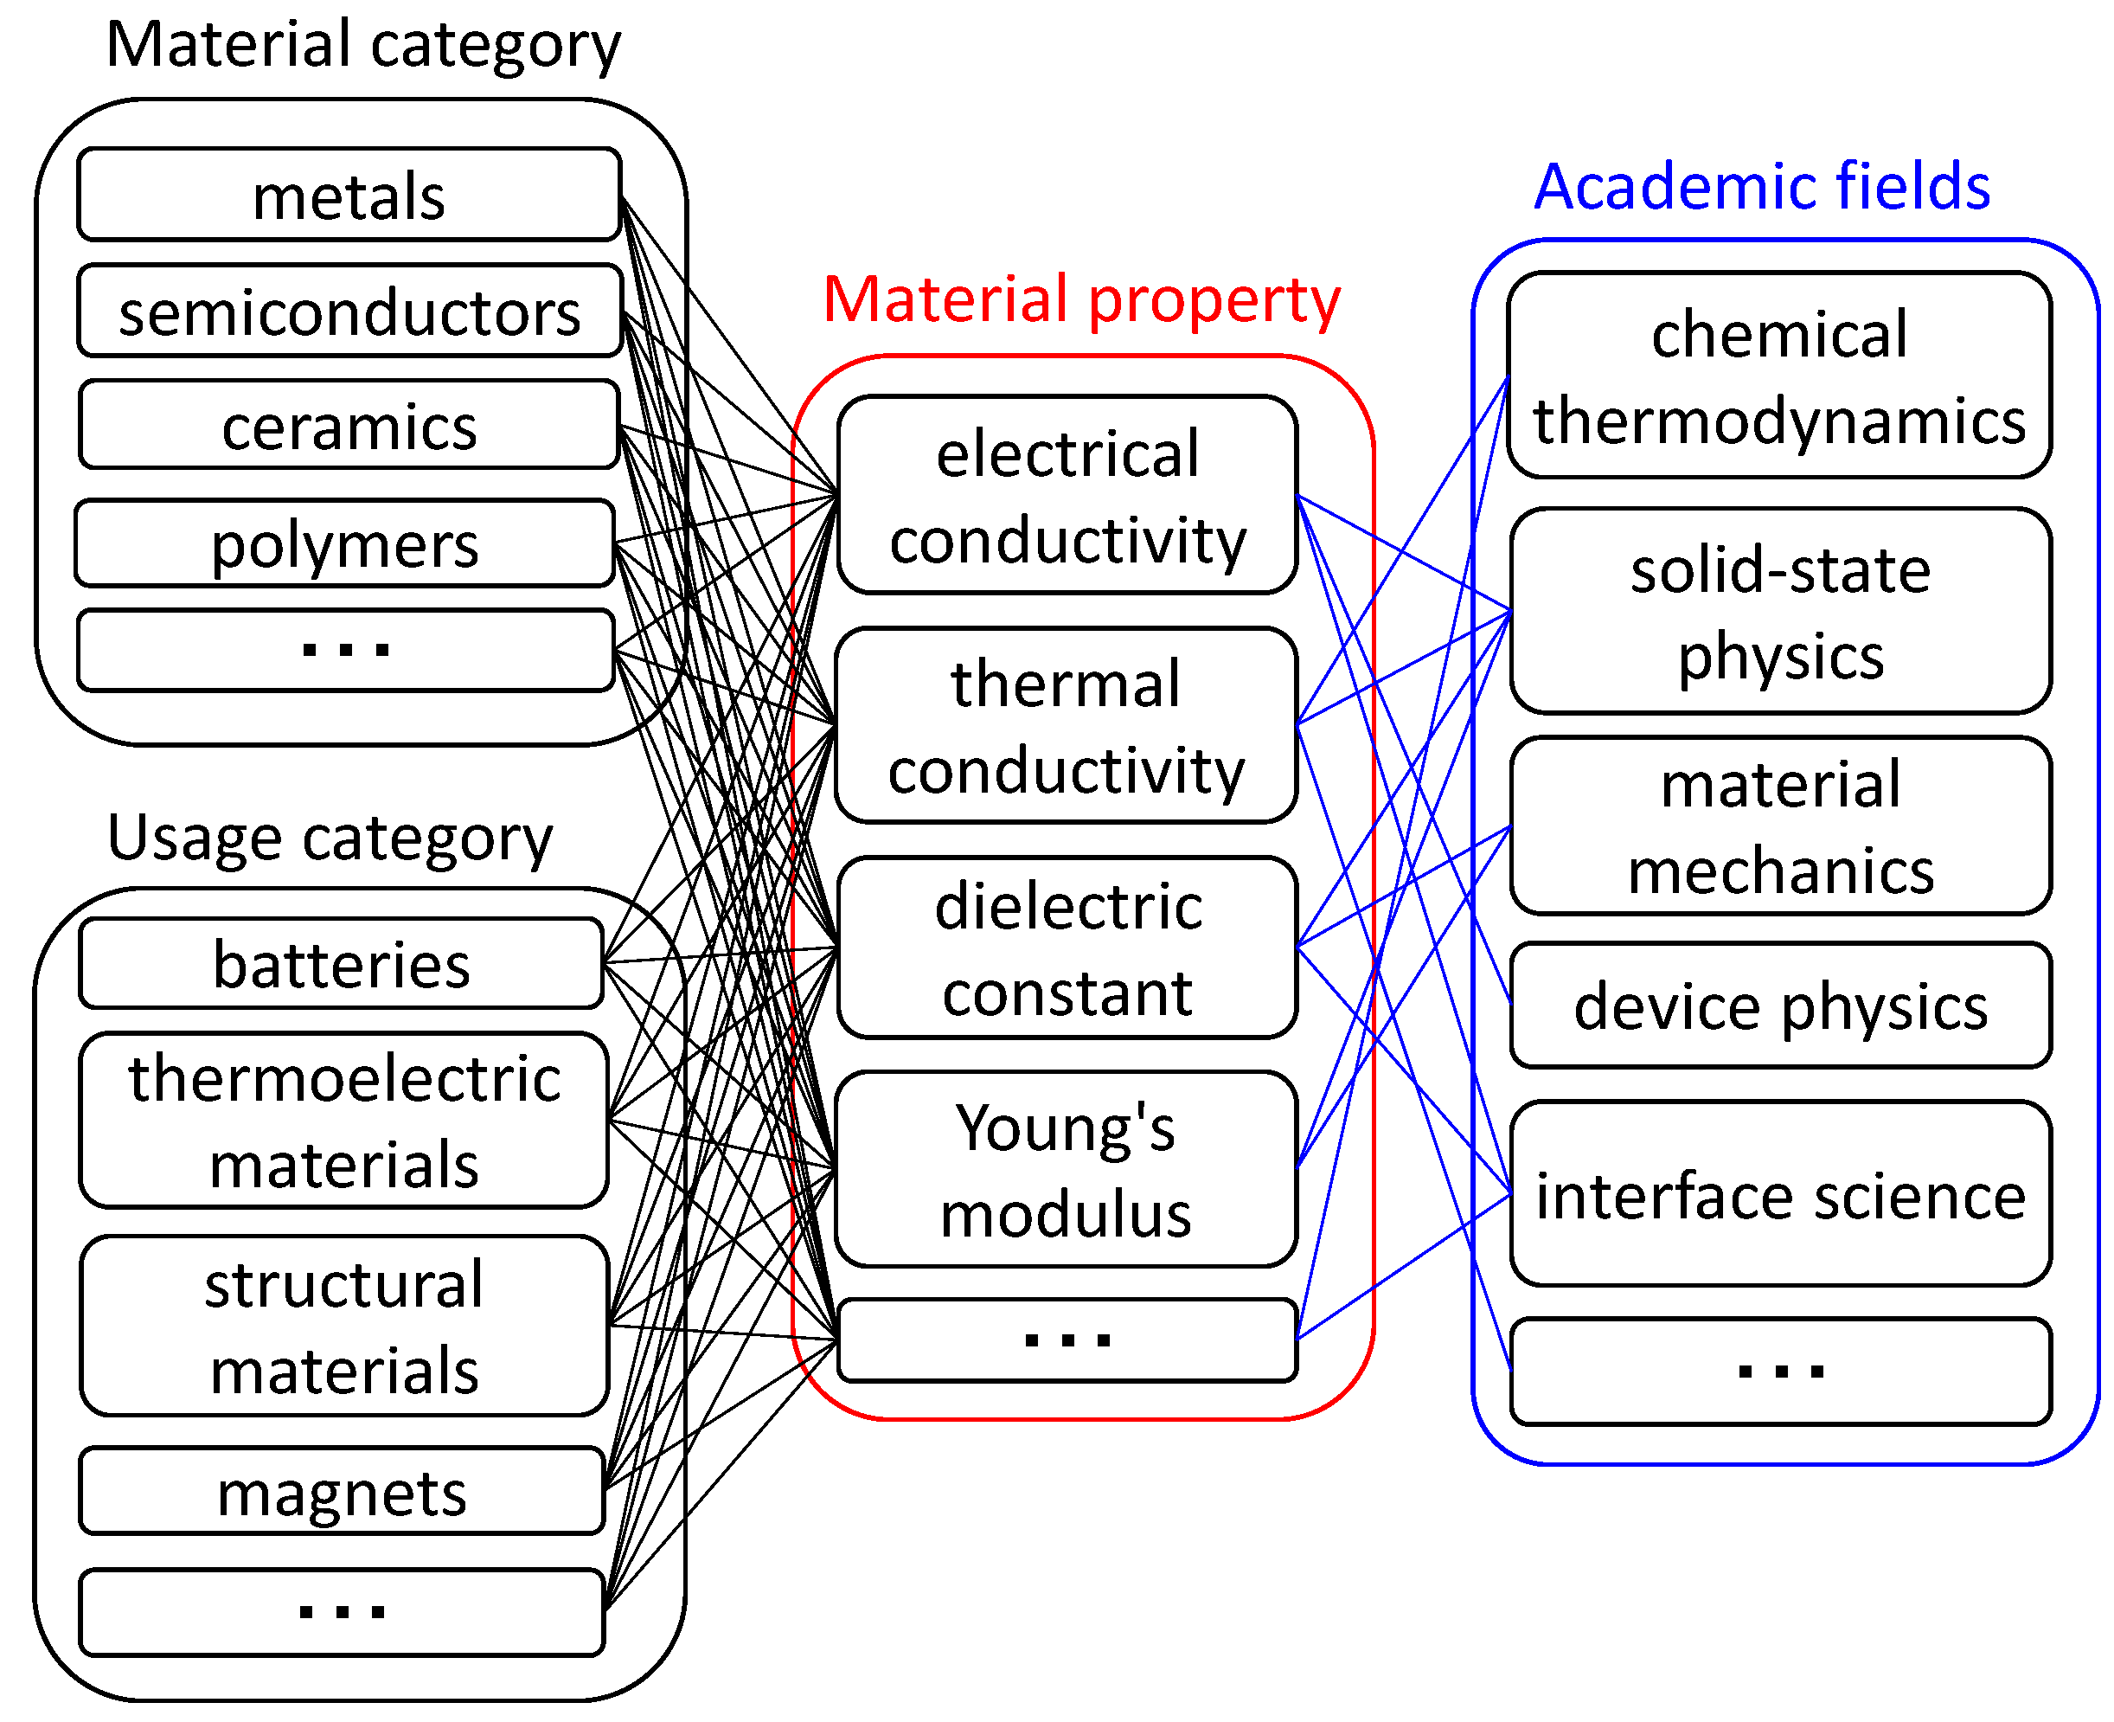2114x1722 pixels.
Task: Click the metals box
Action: pyautogui.click(x=349, y=195)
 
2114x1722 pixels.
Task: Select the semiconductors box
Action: pyautogui.click(x=349, y=311)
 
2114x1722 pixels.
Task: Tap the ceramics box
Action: pyautogui.click(x=349, y=425)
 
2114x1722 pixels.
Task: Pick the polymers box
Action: pyautogui.click(x=345, y=543)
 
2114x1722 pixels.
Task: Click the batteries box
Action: pyautogui.click(x=341, y=963)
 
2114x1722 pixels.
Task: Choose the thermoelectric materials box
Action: pyautogui.click(x=344, y=1120)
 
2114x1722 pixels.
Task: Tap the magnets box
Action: pyautogui.click(x=341, y=1491)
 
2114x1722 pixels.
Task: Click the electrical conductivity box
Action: pyautogui.click(x=1067, y=495)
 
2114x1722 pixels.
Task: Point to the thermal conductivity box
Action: pyautogui.click(x=1066, y=725)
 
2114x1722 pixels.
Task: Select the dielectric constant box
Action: pyautogui.click(x=1067, y=948)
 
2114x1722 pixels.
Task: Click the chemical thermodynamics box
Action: pyautogui.click(x=1779, y=375)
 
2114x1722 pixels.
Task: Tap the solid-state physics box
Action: pyautogui.click(x=1780, y=611)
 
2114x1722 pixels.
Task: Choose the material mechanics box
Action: pyautogui.click(x=1780, y=826)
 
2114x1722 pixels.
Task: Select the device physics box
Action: pyautogui.click(x=1780, y=1005)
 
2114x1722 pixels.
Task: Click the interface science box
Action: pyautogui.click(x=1780, y=1193)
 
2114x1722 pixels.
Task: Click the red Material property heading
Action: pyautogui.click(x=1081, y=299)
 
